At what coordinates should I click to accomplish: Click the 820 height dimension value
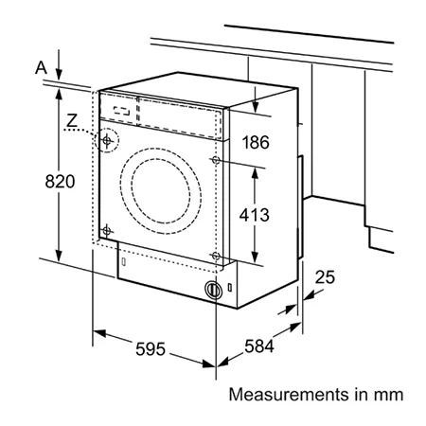pyautogui.click(x=60, y=182)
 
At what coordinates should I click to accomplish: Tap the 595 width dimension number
pyautogui.click(x=151, y=349)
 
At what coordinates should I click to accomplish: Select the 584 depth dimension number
pyautogui.click(x=259, y=346)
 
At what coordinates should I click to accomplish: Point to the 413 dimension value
pyautogui.click(x=254, y=215)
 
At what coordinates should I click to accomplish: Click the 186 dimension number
pyautogui.click(x=256, y=142)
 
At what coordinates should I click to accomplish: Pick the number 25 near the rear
pyautogui.click(x=325, y=277)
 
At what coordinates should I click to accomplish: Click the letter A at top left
pyautogui.click(x=41, y=68)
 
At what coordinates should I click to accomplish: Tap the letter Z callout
pyautogui.click(x=72, y=121)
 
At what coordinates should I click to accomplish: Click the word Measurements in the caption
pyautogui.click(x=288, y=395)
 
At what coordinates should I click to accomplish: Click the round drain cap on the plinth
pyautogui.click(x=213, y=290)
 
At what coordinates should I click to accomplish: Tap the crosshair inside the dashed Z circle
pyautogui.click(x=107, y=140)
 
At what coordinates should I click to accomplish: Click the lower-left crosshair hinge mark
pyautogui.click(x=107, y=231)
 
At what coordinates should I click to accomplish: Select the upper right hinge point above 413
pyautogui.click(x=216, y=160)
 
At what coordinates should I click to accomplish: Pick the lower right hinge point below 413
pyautogui.click(x=216, y=256)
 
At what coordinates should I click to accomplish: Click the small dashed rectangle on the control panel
pyautogui.click(x=122, y=111)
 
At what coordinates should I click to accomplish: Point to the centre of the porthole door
pyautogui.click(x=161, y=191)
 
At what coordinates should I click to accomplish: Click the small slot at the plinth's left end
pyautogui.click(x=124, y=261)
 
